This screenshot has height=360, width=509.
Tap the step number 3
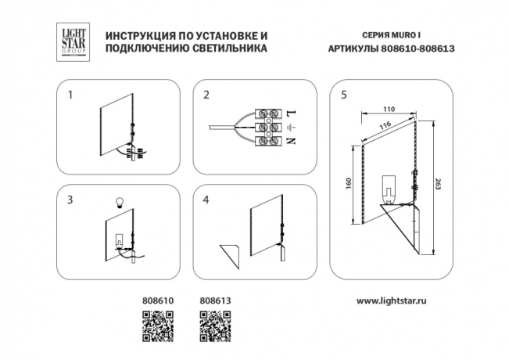70,200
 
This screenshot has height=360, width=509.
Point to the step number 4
206,200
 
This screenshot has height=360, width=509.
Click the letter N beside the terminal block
291,142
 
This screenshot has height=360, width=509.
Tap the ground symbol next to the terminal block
291,128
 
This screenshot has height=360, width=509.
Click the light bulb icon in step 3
120,200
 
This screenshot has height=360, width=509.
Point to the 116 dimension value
385,126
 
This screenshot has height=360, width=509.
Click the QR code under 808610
156,325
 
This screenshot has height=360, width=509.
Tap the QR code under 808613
214,325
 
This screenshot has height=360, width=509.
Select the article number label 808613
215,300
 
